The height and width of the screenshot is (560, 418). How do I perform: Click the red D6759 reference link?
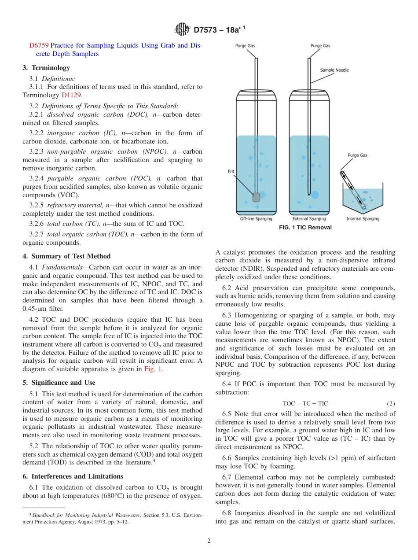pyautogui.click(x=39, y=45)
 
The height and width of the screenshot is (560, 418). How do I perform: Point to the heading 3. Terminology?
pyautogui.click(x=46, y=68)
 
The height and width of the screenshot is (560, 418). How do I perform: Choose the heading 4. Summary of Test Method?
pyautogui.click(x=66, y=256)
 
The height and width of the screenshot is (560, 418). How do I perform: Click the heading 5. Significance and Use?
pyautogui.click(x=59, y=383)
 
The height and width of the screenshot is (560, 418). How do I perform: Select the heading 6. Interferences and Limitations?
pyautogui.click(x=73, y=476)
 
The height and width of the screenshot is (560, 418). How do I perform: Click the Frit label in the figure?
pyautogui.click(x=231, y=172)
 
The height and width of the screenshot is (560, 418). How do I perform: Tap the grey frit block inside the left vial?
pyautogui.click(x=256, y=197)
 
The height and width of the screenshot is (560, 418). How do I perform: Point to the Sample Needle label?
pyautogui.click(x=334, y=70)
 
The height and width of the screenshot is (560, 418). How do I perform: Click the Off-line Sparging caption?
pyautogui.click(x=256, y=219)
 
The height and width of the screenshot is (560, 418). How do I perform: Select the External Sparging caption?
pyautogui.click(x=309, y=219)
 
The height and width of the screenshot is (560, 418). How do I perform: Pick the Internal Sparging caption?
pyautogui.click(x=363, y=219)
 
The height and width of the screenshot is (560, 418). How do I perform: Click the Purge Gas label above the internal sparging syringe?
pyautogui.click(x=357, y=155)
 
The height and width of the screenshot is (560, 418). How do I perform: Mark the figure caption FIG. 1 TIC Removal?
pyautogui.click(x=305, y=228)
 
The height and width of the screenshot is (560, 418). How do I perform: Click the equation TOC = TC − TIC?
pyautogui.click(x=305, y=404)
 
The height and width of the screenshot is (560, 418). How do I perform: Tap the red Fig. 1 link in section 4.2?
pyautogui.click(x=153, y=369)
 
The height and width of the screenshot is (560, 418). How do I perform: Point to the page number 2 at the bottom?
pyautogui.click(x=209, y=541)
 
